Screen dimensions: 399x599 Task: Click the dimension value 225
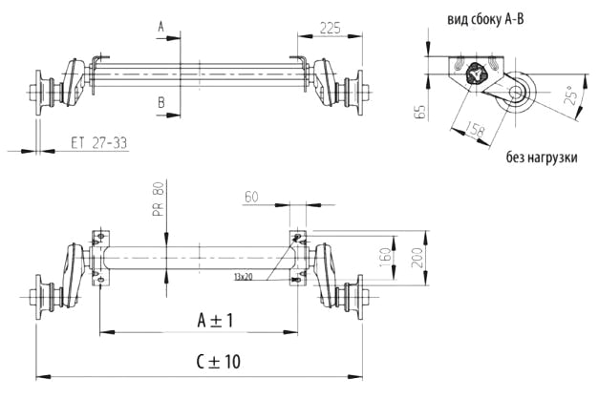(331, 28)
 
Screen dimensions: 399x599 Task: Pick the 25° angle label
(571, 99)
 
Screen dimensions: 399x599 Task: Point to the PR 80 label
(159, 200)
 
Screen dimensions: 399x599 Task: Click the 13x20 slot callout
(243, 276)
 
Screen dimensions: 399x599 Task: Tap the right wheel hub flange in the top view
(359, 95)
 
